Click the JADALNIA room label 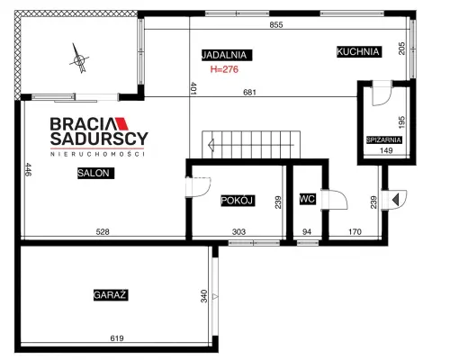pyautogui.click(x=227, y=55)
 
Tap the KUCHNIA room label pyautogui.click(x=358, y=51)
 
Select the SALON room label pyautogui.click(x=95, y=173)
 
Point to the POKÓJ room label pyautogui.click(x=238, y=201)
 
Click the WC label pyautogui.click(x=308, y=199)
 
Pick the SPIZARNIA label pyautogui.click(x=384, y=139)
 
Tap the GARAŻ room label pyautogui.click(x=111, y=295)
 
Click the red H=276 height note pyautogui.click(x=224, y=69)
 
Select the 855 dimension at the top pyautogui.click(x=276, y=24)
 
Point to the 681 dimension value pyautogui.click(x=249, y=92)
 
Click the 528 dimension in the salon pyautogui.click(x=103, y=231)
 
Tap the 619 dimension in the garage pyautogui.click(x=117, y=338)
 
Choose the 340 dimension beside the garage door pyautogui.click(x=204, y=296)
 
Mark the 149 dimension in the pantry pyautogui.click(x=386, y=150)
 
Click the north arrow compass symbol pyautogui.click(x=79, y=58)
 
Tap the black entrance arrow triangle pyautogui.click(x=396, y=199)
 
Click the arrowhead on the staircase pyautogui.click(x=211, y=145)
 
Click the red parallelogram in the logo pyautogui.click(x=122, y=123)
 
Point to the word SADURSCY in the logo pyautogui.click(x=99, y=139)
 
